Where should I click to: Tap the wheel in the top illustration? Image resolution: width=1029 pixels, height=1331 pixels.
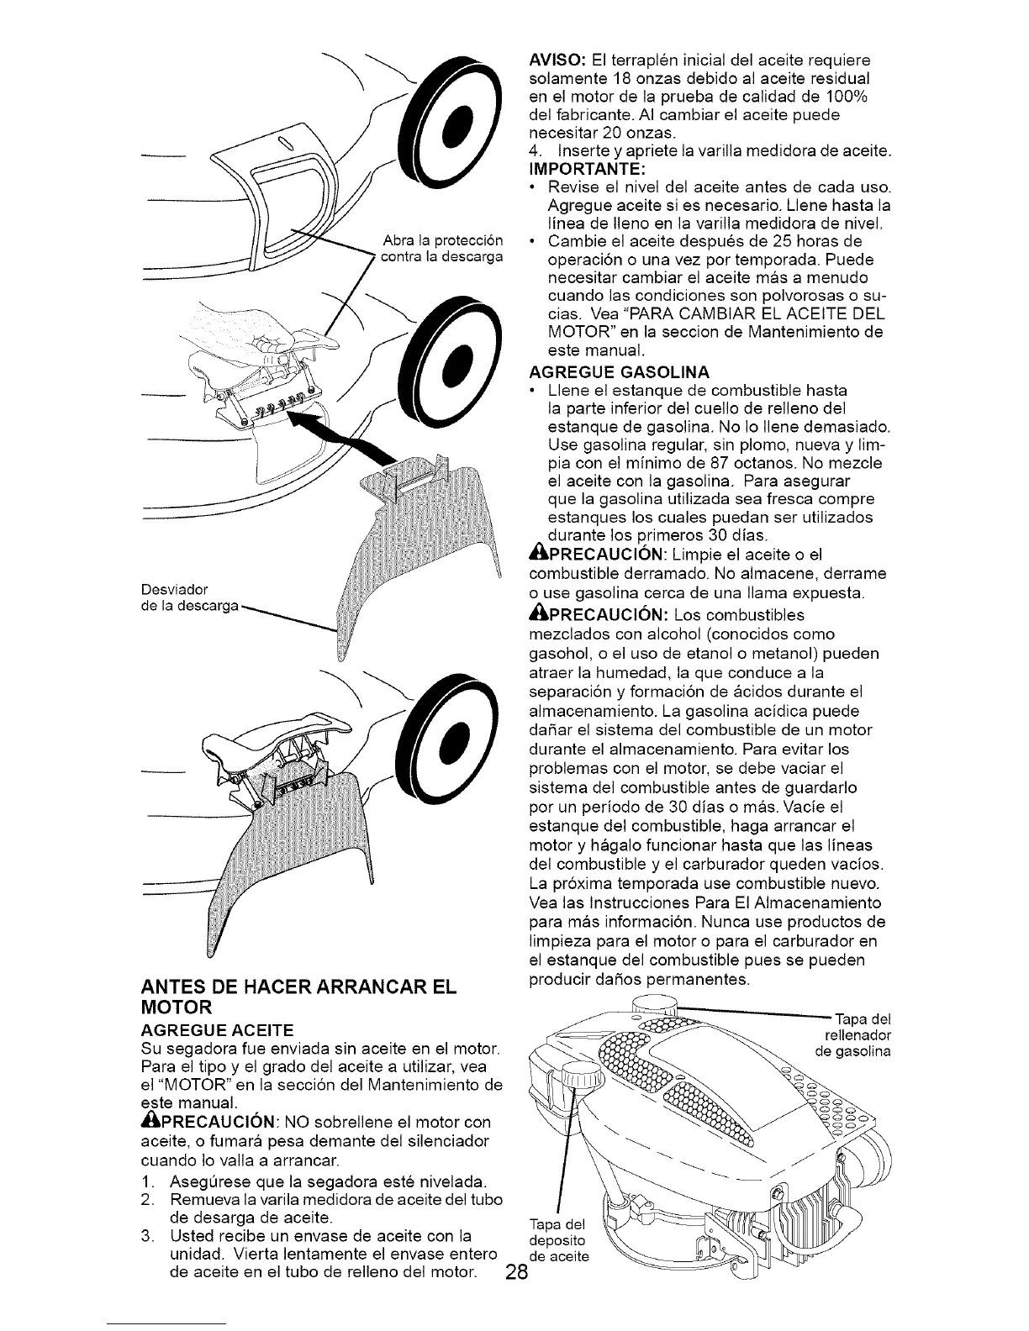pos(451,119)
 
